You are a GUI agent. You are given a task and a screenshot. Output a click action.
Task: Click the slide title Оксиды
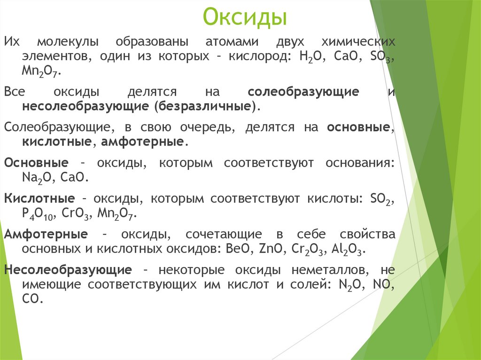[244, 18]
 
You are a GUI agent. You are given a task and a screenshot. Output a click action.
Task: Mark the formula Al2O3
[348, 249]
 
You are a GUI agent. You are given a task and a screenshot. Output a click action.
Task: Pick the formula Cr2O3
[308, 249]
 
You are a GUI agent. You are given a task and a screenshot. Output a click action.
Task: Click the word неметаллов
[318, 270]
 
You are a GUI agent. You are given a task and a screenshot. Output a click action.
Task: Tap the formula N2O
[351, 284]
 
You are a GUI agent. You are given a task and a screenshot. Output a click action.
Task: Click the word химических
[357, 42]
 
